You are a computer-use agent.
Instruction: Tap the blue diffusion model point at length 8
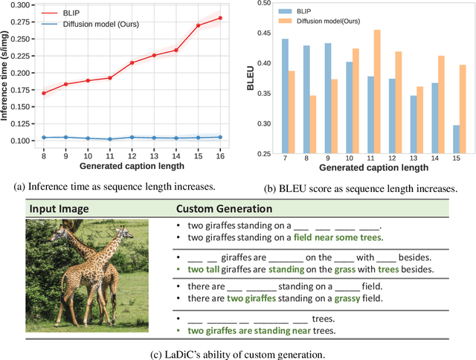pos(44,138)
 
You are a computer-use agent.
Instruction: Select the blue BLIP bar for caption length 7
pos(285,97)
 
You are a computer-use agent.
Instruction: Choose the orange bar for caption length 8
pos(313,125)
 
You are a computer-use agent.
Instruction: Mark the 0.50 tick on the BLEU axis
pos(262,4)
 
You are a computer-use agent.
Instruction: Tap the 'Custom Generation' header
pos(224,209)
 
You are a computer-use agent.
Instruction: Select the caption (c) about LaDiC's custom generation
pos(238,352)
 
